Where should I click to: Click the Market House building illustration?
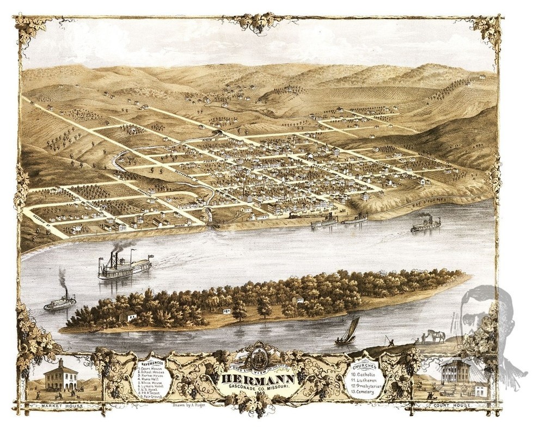point(60,376)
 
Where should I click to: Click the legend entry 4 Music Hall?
point(150,379)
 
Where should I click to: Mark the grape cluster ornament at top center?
point(258,23)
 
